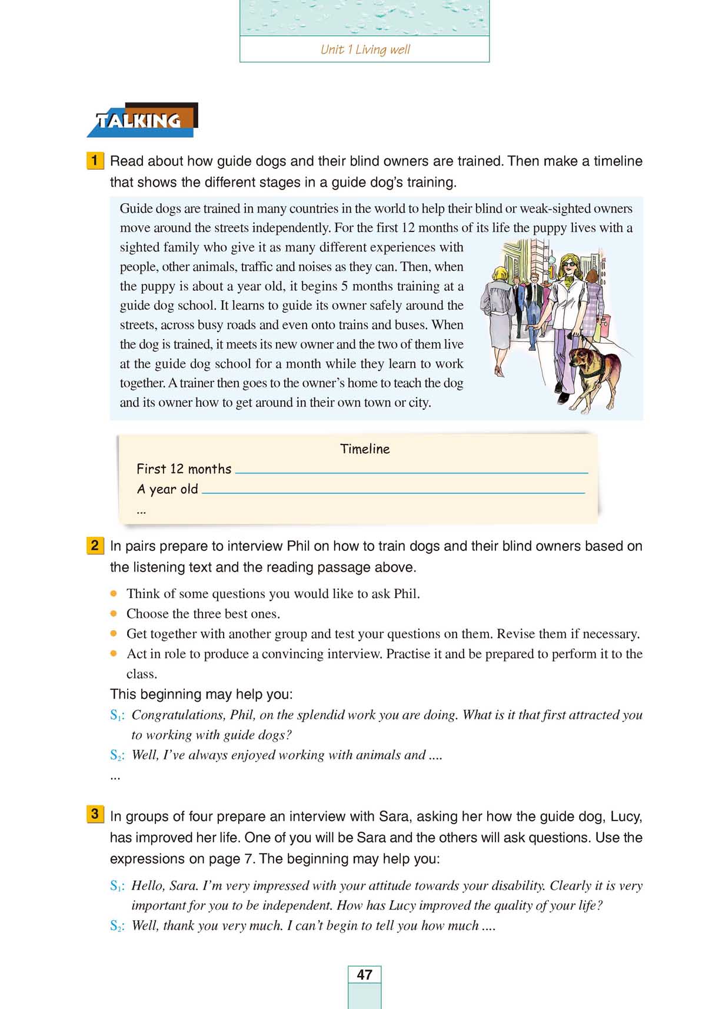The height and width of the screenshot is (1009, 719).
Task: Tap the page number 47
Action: point(364,975)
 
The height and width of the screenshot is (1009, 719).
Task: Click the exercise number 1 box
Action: point(95,160)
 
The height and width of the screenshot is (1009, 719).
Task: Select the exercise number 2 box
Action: point(95,545)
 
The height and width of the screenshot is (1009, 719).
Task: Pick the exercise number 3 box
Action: point(95,815)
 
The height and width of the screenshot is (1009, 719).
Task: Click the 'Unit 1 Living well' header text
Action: point(365,49)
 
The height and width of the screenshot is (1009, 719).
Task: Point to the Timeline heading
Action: point(365,449)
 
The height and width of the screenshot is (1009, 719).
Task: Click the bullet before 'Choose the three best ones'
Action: point(114,613)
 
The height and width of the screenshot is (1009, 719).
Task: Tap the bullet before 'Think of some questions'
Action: point(114,593)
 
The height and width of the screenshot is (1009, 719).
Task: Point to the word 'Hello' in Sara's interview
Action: point(148,885)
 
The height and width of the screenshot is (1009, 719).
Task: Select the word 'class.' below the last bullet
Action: point(142,673)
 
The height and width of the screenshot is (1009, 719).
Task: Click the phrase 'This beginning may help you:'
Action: point(201,694)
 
